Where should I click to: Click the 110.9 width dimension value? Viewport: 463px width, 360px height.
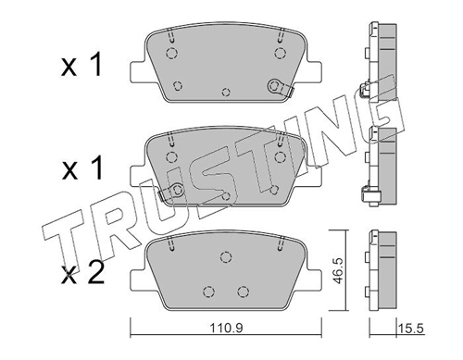(x=227, y=328)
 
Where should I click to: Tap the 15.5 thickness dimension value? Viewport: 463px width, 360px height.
(x=411, y=329)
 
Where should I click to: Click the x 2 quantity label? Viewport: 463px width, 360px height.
(x=82, y=274)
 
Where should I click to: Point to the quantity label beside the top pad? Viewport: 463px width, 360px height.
(x=81, y=66)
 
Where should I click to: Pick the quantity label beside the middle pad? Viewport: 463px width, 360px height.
(x=82, y=168)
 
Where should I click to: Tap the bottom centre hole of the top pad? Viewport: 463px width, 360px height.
(x=226, y=92)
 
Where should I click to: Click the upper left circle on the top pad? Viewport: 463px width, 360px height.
(x=171, y=54)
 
